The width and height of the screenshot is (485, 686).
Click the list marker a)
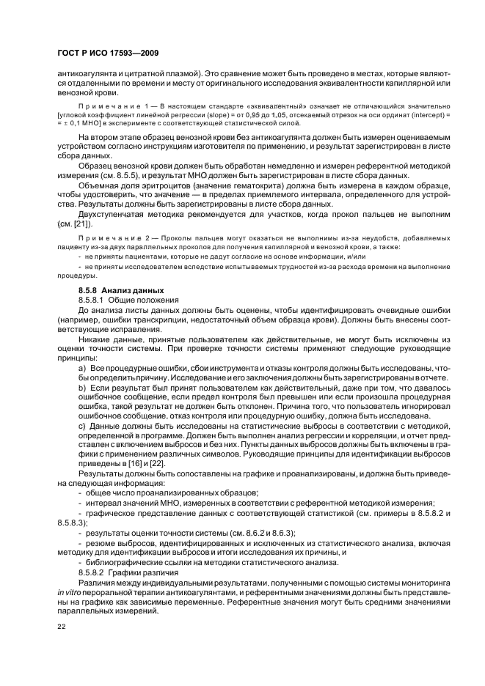coord(81,366)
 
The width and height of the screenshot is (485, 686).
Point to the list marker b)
coord(81,386)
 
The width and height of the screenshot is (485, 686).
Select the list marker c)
coord(81,424)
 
